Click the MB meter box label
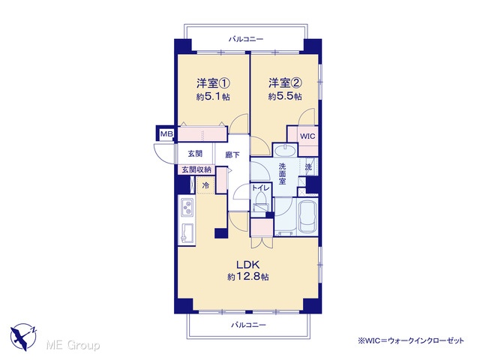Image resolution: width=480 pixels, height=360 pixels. (x=166, y=133)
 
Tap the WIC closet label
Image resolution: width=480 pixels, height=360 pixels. (x=307, y=136)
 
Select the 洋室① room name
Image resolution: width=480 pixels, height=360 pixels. (x=213, y=83)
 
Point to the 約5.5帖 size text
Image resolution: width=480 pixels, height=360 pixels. (x=285, y=97)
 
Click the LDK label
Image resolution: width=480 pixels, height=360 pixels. (x=248, y=264)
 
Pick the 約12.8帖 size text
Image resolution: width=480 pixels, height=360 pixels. (x=248, y=277)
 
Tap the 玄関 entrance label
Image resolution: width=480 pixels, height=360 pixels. (x=195, y=153)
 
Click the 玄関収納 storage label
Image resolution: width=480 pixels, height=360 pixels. (x=196, y=169)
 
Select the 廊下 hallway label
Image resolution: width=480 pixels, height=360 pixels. (x=232, y=155)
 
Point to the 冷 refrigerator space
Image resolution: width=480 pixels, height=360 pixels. (x=206, y=185)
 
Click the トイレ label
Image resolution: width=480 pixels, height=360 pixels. (x=261, y=188)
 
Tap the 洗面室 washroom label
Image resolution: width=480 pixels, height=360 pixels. (x=282, y=174)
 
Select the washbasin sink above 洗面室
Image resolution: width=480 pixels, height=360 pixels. (x=285, y=151)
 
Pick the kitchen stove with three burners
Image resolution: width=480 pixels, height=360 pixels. (x=187, y=207)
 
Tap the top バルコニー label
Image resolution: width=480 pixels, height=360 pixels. (x=246, y=39)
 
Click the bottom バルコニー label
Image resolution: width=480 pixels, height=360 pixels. (x=248, y=325)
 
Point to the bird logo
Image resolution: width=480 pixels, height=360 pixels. (x=23, y=337)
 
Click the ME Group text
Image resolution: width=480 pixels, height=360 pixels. (x=73, y=345)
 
